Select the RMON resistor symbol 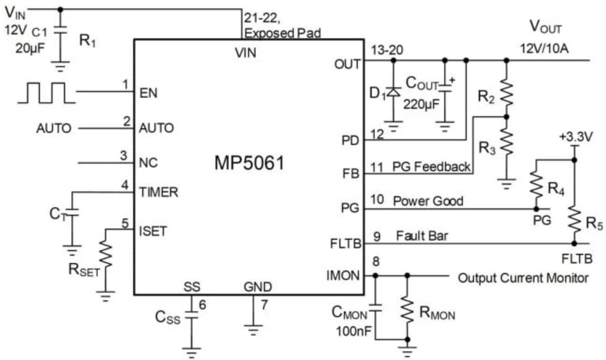(407, 309)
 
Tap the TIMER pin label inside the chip (159, 192)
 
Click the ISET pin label (153, 230)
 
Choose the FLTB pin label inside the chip (345, 244)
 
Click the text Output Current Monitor (523, 278)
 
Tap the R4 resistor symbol (536, 185)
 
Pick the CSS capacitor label (168, 318)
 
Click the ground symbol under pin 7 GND (253, 330)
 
